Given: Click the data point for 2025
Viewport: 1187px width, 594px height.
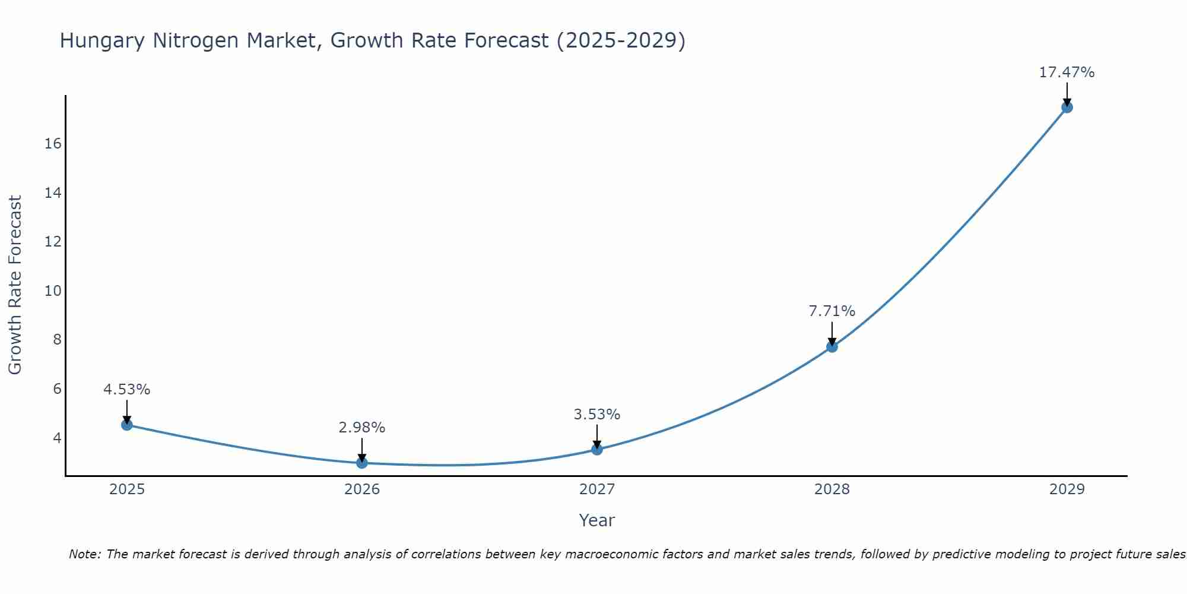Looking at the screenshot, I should tap(126, 425).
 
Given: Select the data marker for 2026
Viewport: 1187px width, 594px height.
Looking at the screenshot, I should tap(361, 463).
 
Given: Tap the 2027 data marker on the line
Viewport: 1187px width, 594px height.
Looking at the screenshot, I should tap(596, 449).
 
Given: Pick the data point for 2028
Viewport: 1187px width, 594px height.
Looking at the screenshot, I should tap(831, 347).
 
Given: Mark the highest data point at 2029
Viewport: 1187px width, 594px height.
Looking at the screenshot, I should tap(1067, 108).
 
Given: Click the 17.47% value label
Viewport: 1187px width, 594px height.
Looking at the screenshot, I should tap(1067, 72).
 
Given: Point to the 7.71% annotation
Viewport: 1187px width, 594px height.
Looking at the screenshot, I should tap(831, 311).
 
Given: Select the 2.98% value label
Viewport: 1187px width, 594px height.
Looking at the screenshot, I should tap(361, 428).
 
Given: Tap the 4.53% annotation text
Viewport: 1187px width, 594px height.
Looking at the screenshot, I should tap(126, 390).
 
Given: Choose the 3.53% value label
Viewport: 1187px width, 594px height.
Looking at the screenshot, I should tap(596, 415).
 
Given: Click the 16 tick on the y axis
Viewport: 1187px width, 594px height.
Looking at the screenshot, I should tap(53, 144).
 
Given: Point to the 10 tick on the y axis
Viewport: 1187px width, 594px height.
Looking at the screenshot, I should tap(53, 291).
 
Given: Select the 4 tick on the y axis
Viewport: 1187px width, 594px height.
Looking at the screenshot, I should tap(57, 438).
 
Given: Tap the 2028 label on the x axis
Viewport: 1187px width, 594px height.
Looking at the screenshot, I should tap(831, 489).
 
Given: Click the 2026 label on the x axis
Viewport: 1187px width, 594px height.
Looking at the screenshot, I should tap(361, 489).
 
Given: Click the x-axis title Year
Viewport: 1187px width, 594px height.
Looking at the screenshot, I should tap(596, 520).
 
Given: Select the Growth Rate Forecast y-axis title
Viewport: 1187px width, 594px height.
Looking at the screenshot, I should tap(15, 285).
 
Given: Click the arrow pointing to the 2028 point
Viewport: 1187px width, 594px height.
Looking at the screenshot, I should tap(831, 333).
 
